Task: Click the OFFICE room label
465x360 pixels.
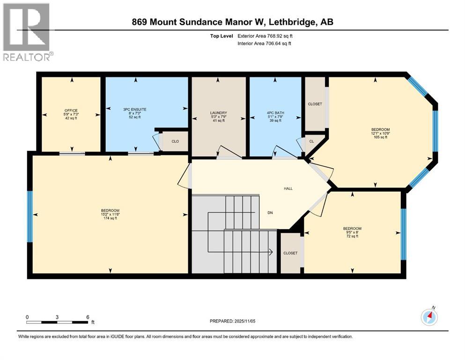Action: tap(71, 111)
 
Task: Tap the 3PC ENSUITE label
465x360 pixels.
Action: tap(135, 110)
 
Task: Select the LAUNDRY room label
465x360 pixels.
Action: tap(219, 113)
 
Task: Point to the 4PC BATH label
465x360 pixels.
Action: tap(275, 113)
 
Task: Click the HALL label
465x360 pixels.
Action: tap(288, 188)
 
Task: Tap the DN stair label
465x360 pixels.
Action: tap(270, 213)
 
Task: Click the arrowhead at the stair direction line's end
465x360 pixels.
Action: tap(271, 252)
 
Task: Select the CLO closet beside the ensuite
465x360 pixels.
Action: tap(175, 141)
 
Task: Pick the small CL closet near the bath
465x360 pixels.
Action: tap(312, 141)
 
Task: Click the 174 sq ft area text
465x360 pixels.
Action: tap(110, 218)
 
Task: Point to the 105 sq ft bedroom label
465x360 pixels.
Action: tap(381, 137)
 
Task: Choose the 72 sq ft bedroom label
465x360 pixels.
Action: tap(352, 236)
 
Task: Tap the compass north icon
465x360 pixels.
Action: tap(429, 317)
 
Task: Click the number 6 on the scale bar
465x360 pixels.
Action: tap(88, 317)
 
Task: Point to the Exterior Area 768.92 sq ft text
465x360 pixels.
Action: tap(265, 36)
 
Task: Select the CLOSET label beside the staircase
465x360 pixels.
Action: tap(290, 253)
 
